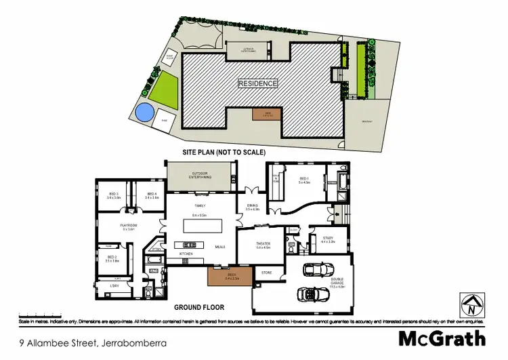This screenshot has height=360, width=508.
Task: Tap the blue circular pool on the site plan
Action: click(144, 113)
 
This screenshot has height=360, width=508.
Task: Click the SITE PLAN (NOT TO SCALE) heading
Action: click(224, 153)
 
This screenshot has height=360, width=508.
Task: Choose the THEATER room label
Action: click(263, 244)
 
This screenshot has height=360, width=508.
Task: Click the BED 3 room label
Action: click(113, 195)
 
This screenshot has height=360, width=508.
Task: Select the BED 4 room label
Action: click(152, 195)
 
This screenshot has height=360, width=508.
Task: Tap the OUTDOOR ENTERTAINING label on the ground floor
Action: click(200, 176)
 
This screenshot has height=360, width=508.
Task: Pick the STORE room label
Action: click(266, 273)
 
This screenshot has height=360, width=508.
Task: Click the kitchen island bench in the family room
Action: click(200, 224)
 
